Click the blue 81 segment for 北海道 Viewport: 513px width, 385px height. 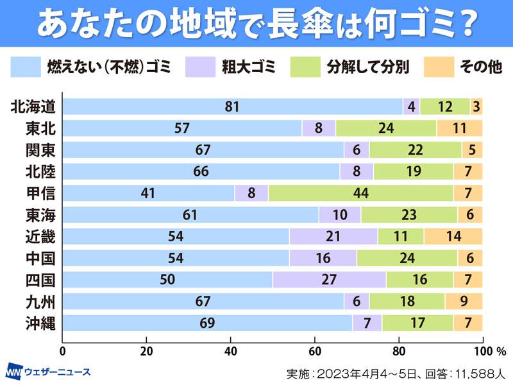232,107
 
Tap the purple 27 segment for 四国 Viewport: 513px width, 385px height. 329,280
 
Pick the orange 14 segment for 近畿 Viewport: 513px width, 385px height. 453,236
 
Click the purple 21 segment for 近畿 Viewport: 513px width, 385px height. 333,236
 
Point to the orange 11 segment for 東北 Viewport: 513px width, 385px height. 459,128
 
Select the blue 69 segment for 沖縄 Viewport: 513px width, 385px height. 207,323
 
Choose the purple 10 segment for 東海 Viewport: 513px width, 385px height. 339,215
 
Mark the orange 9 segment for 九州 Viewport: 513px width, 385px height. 463,301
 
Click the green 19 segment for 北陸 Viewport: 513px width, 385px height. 414,171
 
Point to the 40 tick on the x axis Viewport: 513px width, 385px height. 231,351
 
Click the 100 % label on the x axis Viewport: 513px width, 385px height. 492,351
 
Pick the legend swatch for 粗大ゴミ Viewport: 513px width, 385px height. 201,67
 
